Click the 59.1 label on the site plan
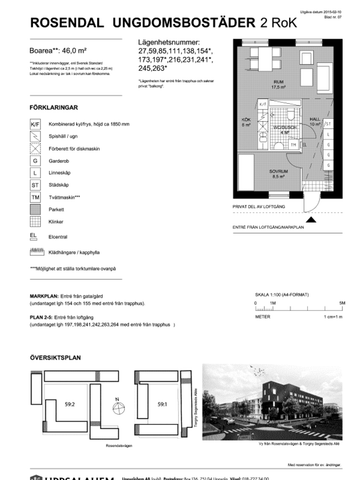tap(161, 376)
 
